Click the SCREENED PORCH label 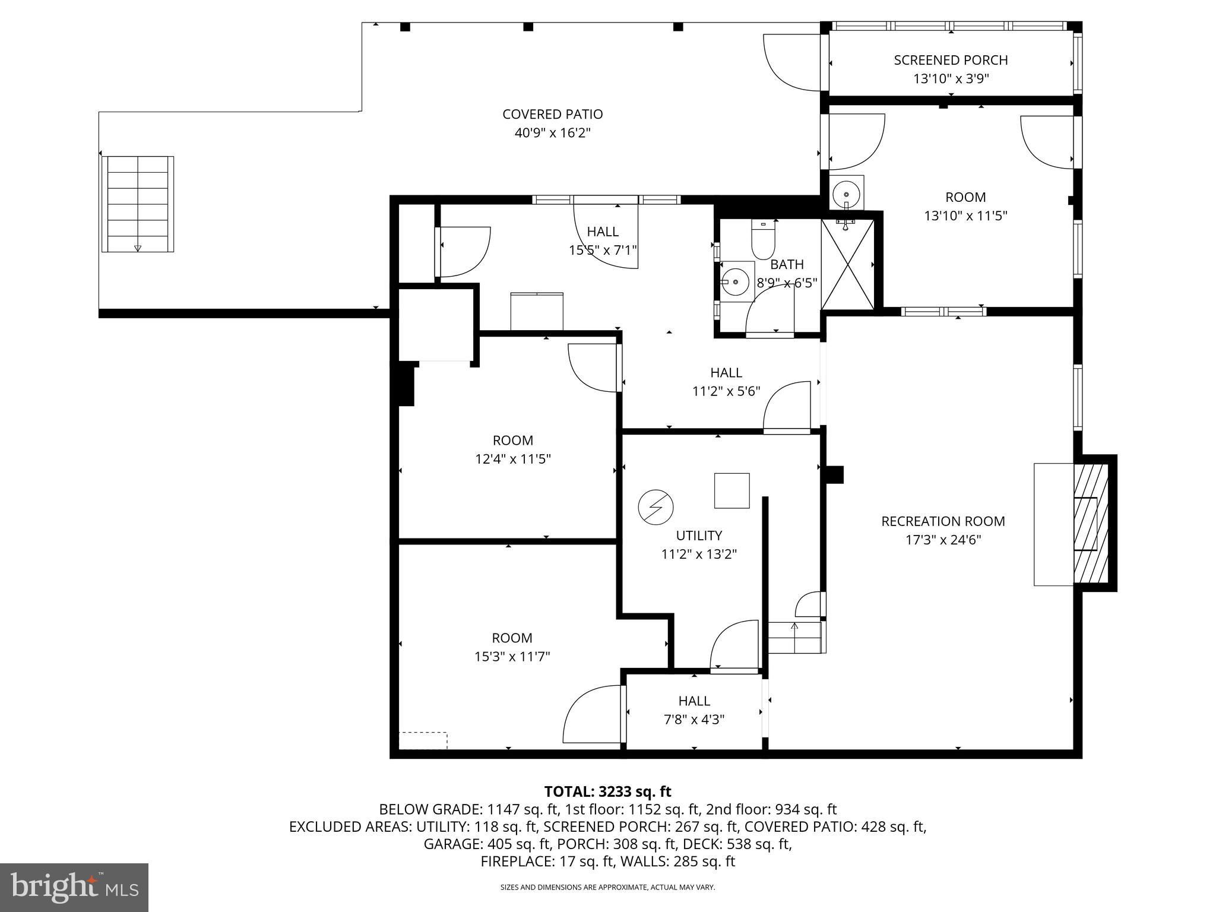point(951,60)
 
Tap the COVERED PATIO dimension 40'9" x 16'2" point(552,132)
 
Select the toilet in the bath point(763,240)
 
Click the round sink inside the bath point(736,281)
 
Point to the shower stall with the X point(847,265)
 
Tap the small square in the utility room point(731,490)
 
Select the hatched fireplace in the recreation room point(1091,523)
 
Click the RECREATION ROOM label point(943,521)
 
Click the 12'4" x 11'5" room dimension point(513,459)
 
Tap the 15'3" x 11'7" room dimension point(512,657)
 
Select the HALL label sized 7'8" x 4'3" point(694,701)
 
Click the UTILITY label point(699,536)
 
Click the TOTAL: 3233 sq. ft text point(607,791)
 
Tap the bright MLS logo point(74,887)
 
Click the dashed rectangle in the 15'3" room point(423,740)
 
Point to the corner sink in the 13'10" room point(846,193)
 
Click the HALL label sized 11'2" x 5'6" point(726,372)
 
